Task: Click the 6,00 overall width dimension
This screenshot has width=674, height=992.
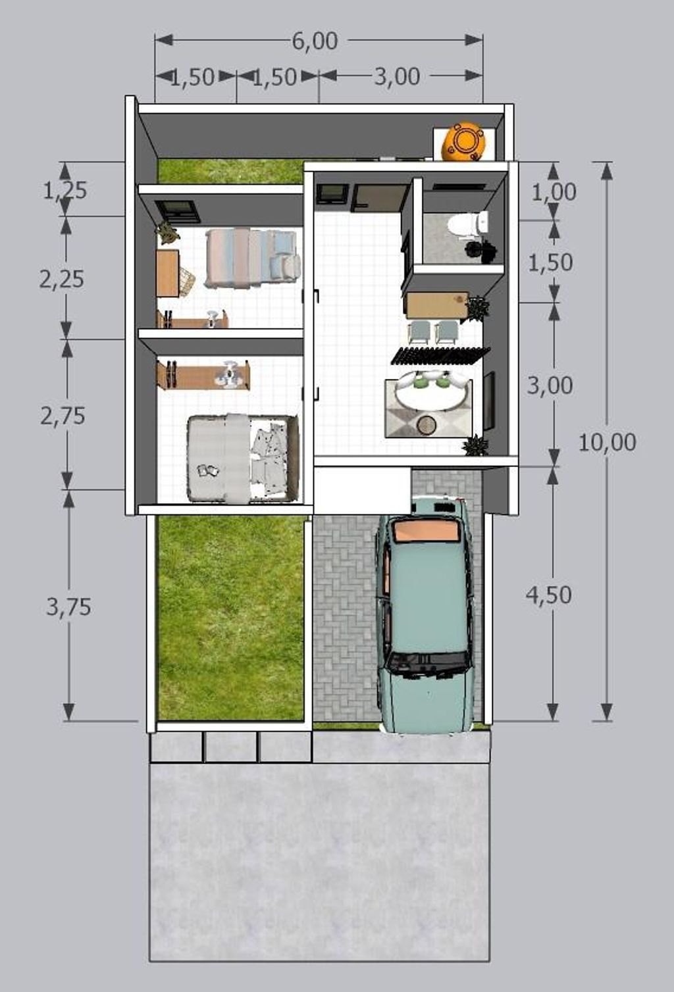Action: point(315,41)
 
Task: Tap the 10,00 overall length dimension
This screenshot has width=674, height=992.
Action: point(607,442)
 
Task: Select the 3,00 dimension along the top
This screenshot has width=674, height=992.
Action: point(397,76)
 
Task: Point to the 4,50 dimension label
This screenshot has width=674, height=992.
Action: point(548,595)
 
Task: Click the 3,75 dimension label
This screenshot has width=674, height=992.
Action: point(68,607)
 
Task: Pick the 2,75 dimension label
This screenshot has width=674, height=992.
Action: point(63,416)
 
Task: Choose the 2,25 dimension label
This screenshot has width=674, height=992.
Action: point(62,280)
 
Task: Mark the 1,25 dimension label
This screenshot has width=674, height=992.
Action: point(65,191)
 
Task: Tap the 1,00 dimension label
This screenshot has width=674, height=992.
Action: point(554,192)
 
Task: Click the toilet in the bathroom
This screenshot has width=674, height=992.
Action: point(467,224)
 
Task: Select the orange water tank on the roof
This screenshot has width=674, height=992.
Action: point(463,141)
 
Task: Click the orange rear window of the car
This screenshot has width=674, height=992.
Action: point(426,531)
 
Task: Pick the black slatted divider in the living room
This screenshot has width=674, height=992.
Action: point(440,356)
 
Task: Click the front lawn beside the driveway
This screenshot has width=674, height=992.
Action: point(231,619)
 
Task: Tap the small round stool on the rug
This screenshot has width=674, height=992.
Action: point(427,425)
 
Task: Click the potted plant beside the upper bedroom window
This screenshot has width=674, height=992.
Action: point(167,232)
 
